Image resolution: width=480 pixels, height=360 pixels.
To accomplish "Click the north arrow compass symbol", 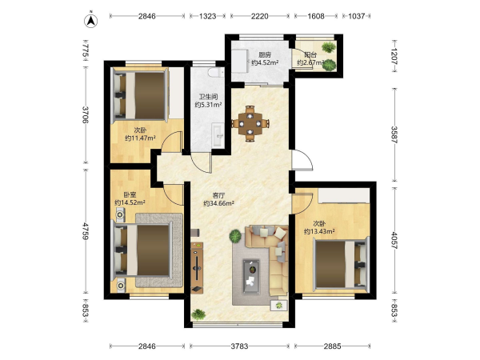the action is coord(91,21).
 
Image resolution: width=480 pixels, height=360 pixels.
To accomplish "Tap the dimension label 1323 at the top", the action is coord(207,16).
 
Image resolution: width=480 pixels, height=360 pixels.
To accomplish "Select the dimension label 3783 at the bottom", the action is coord(239,346).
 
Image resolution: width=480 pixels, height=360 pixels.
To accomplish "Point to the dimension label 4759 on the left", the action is coord(86,230).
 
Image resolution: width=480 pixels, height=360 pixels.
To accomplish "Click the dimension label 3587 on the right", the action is coord(394,134).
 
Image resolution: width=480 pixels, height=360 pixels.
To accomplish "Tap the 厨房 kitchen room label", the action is coord(265,55).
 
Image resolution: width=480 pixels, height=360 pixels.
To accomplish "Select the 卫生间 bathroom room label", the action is coord(208,97).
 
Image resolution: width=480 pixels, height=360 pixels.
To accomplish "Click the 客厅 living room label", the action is coord(219,194).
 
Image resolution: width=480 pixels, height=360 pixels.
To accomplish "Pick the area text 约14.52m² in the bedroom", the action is coord(130,202).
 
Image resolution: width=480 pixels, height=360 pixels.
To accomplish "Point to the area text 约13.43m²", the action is coord(319,231).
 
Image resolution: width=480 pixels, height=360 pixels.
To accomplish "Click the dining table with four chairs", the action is coord(250,124).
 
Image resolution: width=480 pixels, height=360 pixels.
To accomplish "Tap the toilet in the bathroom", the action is coord(216,73).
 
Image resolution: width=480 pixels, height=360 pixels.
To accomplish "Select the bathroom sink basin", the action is coord(218,135).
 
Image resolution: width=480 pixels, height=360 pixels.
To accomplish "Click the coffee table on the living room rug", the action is coord(251,277).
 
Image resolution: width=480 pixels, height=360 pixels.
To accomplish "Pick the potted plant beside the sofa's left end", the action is coord(235,236).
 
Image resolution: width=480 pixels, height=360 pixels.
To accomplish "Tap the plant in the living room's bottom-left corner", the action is coord(198,314).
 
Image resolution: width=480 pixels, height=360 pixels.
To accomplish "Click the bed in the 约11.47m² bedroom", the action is coord(141,95).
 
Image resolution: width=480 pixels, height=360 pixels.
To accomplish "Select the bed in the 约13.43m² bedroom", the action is coord(341,264).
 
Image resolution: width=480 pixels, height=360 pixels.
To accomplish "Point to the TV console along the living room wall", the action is coord(197,267).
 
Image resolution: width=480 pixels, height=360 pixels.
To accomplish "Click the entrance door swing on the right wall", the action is coord(302,159).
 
